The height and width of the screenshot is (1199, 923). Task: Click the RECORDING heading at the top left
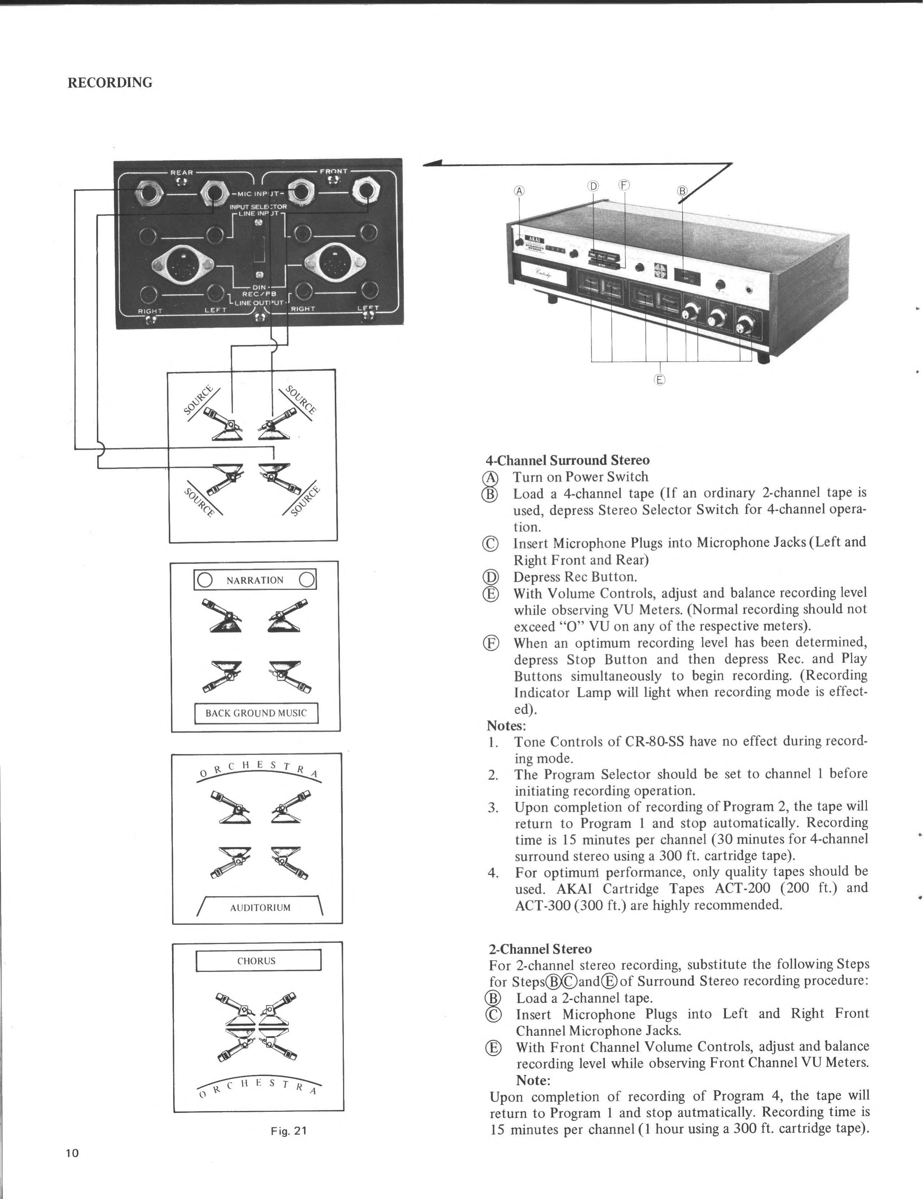(x=110, y=83)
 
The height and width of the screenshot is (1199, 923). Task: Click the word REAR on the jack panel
(x=182, y=172)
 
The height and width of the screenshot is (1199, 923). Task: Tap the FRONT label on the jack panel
(x=333, y=171)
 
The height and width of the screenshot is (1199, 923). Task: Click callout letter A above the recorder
(x=519, y=191)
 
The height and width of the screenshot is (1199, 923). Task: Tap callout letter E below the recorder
(x=659, y=379)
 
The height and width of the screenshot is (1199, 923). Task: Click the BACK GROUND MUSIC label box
(x=256, y=713)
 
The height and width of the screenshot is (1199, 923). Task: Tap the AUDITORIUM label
(x=260, y=908)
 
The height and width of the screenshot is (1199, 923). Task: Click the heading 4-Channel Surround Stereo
(x=567, y=460)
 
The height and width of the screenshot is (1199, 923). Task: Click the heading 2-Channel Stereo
(x=540, y=949)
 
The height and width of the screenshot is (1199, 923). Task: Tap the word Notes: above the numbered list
(x=506, y=726)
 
